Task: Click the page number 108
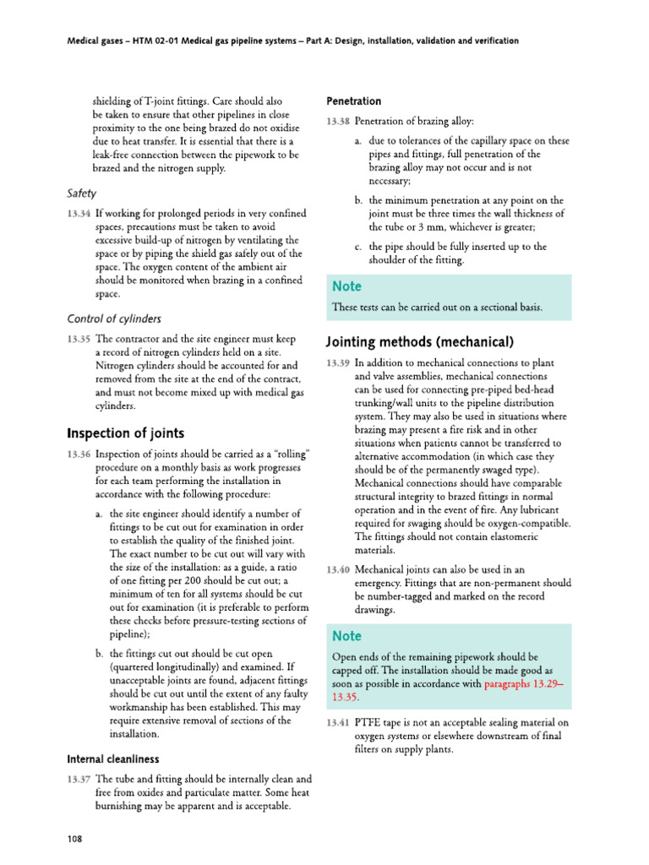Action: (74, 838)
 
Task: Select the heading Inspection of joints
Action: (125, 433)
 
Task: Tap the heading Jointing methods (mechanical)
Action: (420, 342)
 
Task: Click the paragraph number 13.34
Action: (79, 213)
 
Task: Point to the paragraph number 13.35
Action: (79, 338)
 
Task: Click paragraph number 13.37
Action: (79, 779)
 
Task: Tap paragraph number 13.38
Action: (338, 122)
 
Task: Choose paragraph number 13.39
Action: (338, 363)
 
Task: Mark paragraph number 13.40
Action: (338, 570)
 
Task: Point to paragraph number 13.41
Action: (338, 722)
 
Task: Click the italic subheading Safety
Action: (81, 193)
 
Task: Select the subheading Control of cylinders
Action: (114, 318)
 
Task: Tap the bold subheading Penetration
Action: (353, 101)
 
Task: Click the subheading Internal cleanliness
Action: (112, 759)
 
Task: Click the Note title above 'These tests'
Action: (346, 287)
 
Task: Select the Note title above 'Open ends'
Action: (346, 635)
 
